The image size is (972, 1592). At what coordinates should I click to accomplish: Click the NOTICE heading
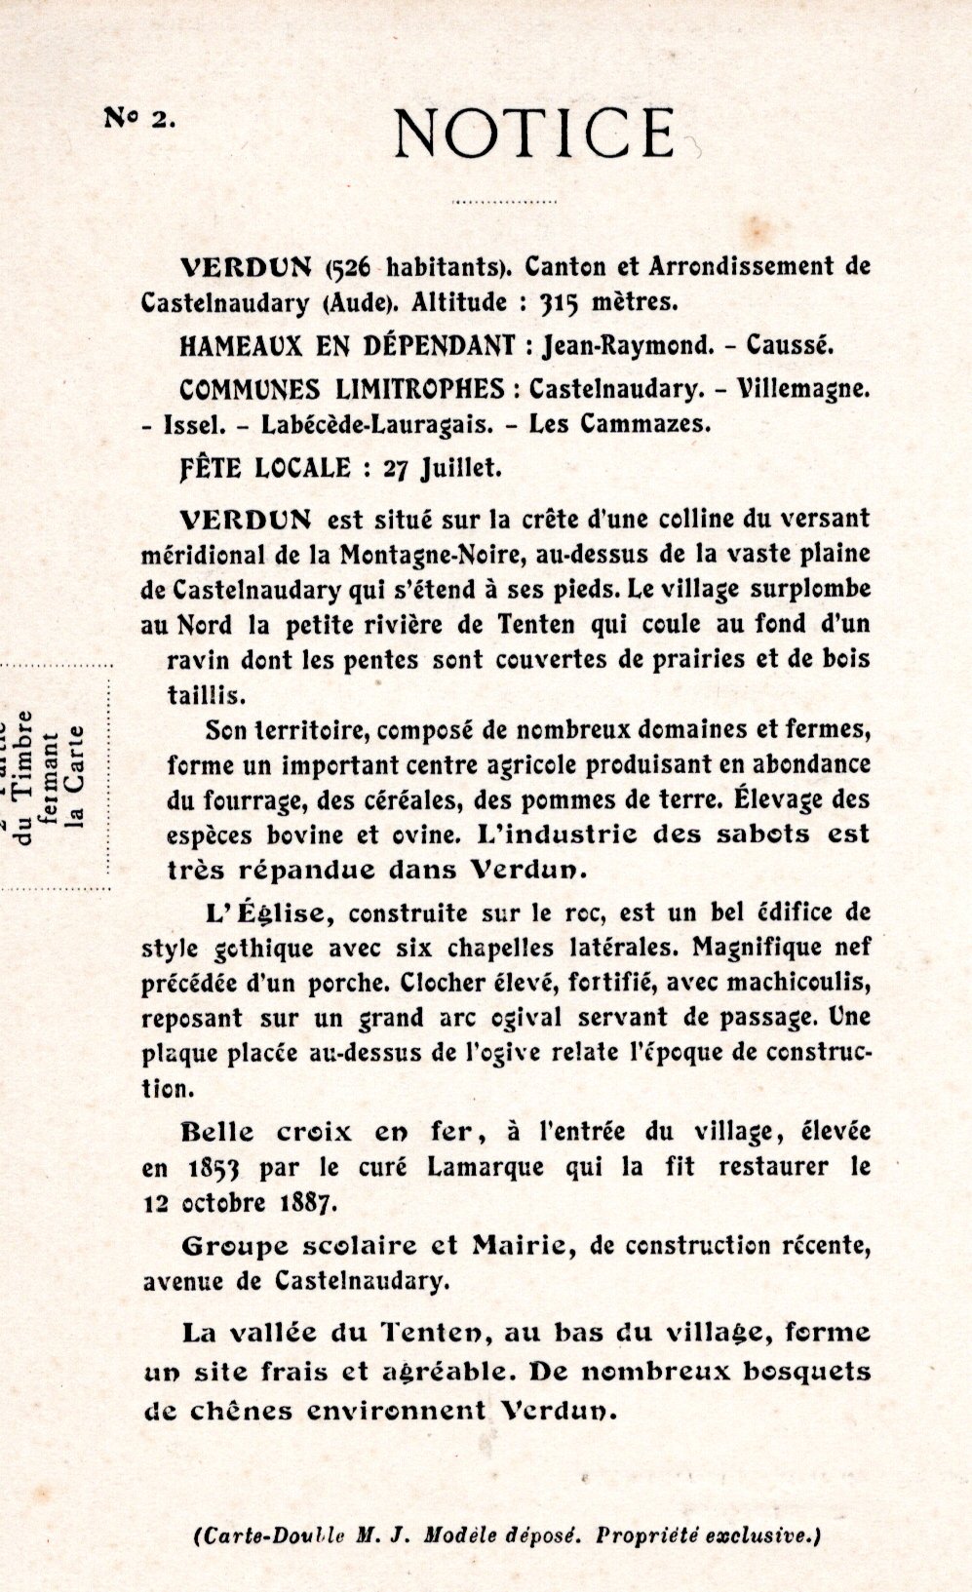pyautogui.click(x=534, y=134)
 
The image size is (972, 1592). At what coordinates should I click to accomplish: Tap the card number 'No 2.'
pyautogui.click(x=139, y=118)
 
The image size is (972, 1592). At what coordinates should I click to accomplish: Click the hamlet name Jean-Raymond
pyautogui.click(x=622, y=345)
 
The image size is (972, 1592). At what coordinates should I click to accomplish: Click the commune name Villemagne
pyautogui.click(x=804, y=388)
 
